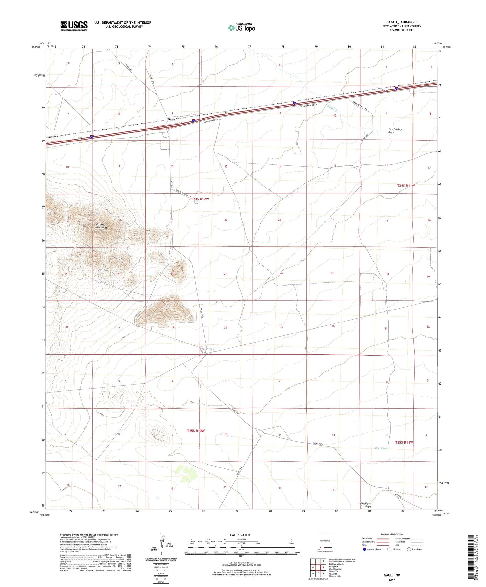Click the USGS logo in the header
[x=74, y=26]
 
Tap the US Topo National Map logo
[x=241, y=28]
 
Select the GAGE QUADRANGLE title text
[x=401, y=22]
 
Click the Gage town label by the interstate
[x=171, y=119]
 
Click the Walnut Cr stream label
[x=333, y=108]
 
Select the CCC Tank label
[x=381, y=448]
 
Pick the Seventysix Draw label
[x=366, y=505]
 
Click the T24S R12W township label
[x=200, y=199]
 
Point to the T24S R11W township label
[x=406, y=186]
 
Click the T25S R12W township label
[x=196, y=431]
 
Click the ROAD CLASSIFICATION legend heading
[x=392, y=534]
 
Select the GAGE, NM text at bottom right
[x=392, y=575]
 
